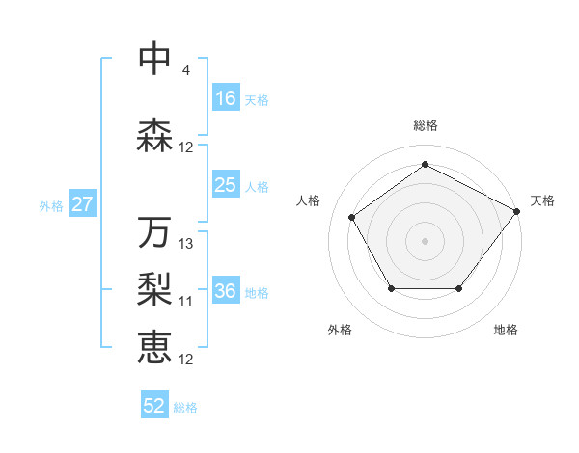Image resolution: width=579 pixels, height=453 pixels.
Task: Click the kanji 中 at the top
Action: [x=155, y=60]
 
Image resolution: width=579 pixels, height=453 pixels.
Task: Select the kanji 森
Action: [x=155, y=136]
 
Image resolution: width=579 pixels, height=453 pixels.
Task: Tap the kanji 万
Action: [x=155, y=232]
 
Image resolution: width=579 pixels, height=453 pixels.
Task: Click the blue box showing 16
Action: [x=226, y=98]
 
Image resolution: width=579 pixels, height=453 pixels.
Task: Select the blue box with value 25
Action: [x=226, y=185]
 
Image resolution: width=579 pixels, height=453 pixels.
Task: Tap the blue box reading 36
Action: [x=226, y=291]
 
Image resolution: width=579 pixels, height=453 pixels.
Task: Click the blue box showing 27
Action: [x=82, y=204]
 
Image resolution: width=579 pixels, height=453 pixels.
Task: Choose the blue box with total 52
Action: [x=154, y=406]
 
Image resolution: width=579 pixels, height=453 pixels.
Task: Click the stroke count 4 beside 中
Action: [x=185, y=70]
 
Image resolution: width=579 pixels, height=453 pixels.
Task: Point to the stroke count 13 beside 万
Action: [x=186, y=244]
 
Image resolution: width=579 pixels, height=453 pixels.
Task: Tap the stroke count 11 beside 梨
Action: [x=186, y=302]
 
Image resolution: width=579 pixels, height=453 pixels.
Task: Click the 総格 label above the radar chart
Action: [x=425, y=125]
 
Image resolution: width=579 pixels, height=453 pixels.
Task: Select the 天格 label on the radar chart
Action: [x=542, y=200]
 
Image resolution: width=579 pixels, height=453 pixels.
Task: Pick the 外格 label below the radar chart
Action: [x=340, y=330]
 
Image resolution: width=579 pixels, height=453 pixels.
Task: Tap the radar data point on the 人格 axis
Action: [x=352, y=217]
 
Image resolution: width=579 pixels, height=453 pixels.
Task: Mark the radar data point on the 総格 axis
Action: [x=425, y=164]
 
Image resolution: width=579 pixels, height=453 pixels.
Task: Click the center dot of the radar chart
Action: [x=425, y=240]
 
